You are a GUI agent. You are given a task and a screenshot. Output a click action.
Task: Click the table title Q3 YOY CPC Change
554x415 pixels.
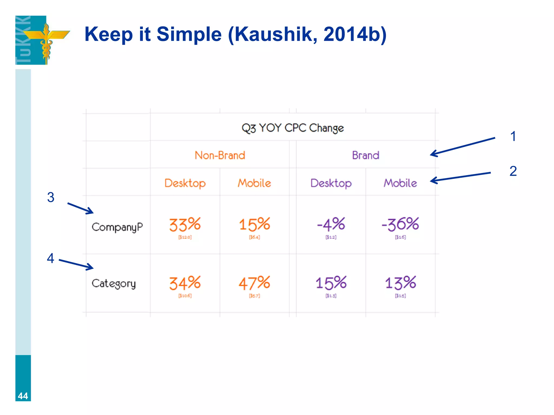tap(292, 128)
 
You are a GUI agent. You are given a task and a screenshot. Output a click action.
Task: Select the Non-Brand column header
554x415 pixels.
tap(220, 155)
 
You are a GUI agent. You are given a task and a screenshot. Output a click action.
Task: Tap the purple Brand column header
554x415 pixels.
tap(365, 155)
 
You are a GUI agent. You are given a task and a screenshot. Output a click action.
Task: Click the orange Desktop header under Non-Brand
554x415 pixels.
tap(185, 183)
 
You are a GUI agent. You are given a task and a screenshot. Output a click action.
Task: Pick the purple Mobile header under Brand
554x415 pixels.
tap(400, 183)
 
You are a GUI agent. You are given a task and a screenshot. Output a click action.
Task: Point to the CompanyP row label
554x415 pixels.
tap(117, 227)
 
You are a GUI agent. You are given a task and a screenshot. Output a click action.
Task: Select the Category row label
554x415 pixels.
tap(114, 283)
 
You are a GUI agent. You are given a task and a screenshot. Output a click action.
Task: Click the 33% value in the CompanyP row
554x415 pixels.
tap(185, 225)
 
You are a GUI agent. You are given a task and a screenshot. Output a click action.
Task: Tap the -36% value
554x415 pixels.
tap(400, 224)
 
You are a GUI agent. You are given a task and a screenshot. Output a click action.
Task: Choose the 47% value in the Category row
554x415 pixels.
tap(254, 283)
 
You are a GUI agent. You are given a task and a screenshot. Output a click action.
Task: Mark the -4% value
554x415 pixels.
tap(331, 224)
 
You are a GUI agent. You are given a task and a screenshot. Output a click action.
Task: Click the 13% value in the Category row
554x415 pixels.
tap(400, 283)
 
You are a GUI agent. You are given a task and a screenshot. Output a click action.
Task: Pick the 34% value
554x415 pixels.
tap(185, 283)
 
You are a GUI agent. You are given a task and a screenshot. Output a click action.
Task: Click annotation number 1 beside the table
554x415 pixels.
tap(513, 136)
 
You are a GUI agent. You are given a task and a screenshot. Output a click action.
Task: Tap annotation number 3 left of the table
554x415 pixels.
tap(51, 197)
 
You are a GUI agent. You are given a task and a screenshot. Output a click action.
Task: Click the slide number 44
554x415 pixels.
tap(23, 396)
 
